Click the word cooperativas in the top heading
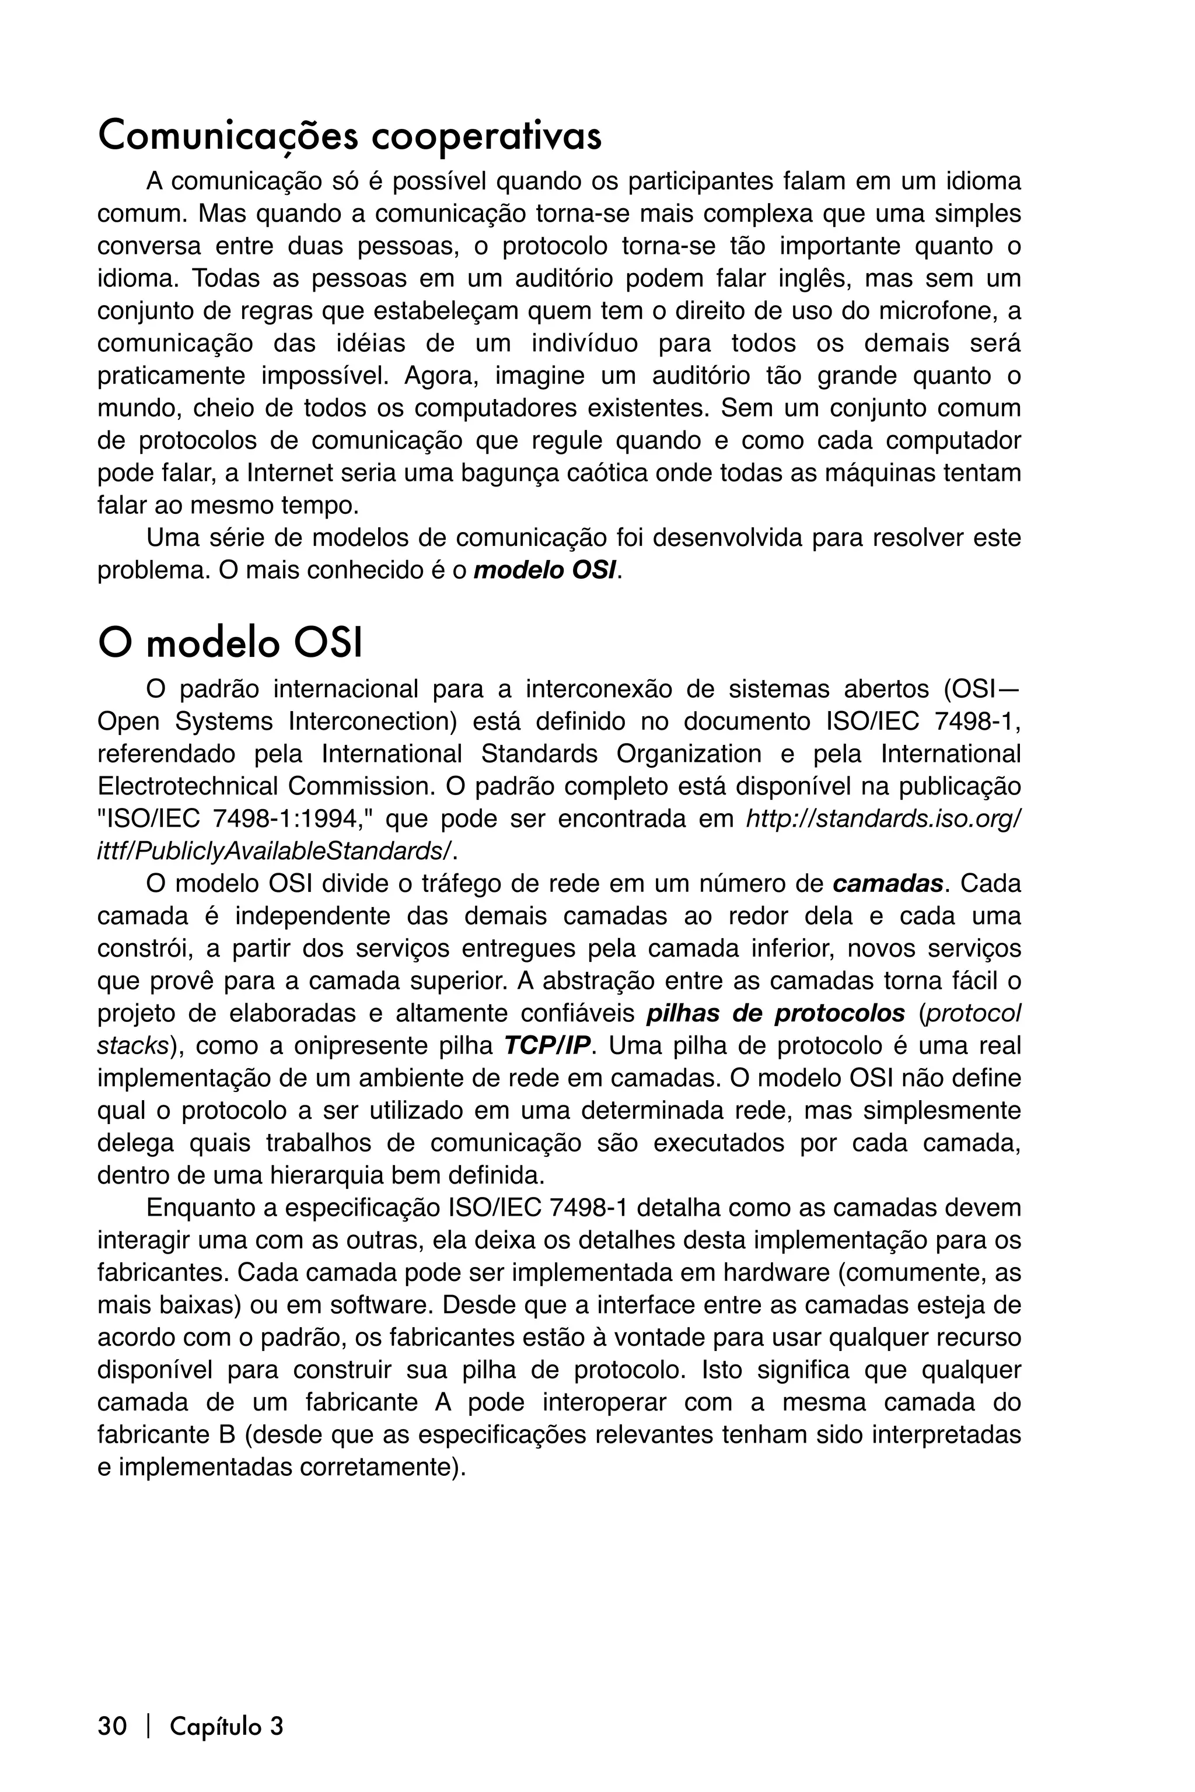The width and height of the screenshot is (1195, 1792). pyautogui.click(x=485, y=137)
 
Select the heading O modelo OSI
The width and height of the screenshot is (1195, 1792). pyautogui.click(x=229, y=644)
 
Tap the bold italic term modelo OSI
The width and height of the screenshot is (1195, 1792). pyautogui.click(x=545, y=570)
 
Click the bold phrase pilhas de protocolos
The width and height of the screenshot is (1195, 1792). pyautogui.click(x=775, y=1014)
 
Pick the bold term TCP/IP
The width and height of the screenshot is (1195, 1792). pyautogui.click(x=547, y=1046)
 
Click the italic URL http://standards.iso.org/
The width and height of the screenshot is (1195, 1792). pyautogui.click(x=882, y=819)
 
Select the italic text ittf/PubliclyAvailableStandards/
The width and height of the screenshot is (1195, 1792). pyautogui.click(x=275, y=851)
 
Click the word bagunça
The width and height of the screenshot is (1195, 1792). pyautogui.click(x=502, y=473)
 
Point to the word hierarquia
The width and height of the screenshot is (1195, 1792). pyautogui.click(x=326, y=1175)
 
